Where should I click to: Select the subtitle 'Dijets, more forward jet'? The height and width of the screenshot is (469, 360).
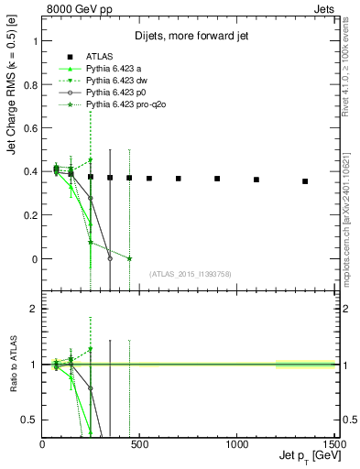(186, 37)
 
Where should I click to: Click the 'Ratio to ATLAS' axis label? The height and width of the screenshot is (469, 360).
(15, 366)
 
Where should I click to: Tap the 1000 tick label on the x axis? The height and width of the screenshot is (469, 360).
(236, 443)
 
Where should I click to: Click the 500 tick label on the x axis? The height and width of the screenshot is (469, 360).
(139, 443)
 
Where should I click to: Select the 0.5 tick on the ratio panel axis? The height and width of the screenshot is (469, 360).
(29, 420)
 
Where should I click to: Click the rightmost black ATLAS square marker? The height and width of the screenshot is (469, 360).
(305, 181)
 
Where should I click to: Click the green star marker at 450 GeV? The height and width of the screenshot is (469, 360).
(129, 258)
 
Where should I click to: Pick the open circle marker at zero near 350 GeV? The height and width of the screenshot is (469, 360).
(110, 258)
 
